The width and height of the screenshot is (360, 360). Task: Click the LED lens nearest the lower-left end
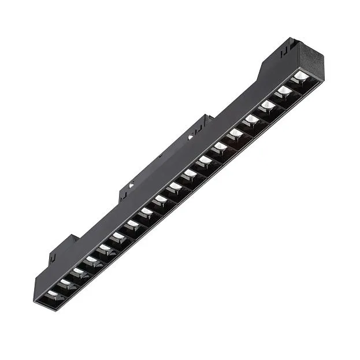(x=53, y=294)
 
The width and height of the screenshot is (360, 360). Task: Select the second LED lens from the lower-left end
(x=64, y=283)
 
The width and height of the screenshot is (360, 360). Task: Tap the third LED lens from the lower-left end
(x=77, y=271)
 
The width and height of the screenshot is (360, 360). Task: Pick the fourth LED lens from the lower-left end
(x=91, y=259)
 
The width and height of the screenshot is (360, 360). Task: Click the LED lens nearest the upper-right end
(x=301, y=76)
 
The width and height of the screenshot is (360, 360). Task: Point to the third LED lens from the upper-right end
(x=268, y=105)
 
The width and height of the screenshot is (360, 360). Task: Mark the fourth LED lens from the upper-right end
(x=252, y=119)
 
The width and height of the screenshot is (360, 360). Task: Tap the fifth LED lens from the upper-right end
(x=236, y=133)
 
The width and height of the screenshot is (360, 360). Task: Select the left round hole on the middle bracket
(x=131, y=185)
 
